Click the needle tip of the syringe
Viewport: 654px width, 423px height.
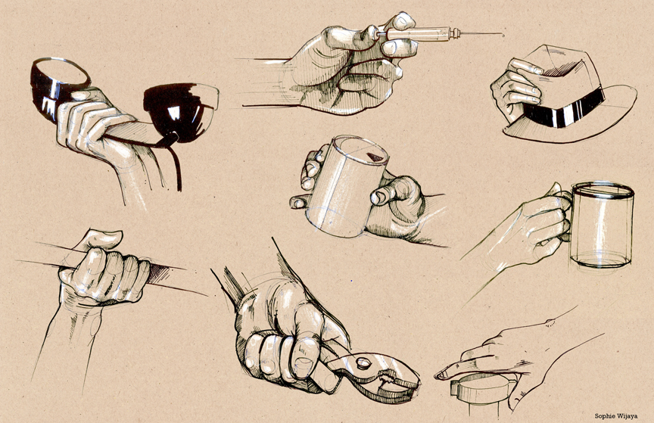(x=503, y=35)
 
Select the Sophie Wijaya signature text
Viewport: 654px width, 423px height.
(x=615, y=415)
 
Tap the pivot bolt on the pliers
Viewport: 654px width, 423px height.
(x=363, y=363)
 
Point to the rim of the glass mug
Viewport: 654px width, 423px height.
(x=603, y=190)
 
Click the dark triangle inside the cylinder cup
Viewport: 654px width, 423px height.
(x=375, y=157)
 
